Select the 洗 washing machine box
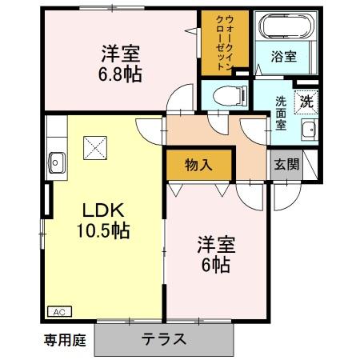coord(306,101)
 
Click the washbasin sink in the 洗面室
coord(306,133)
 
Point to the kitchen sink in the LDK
coord(56,159)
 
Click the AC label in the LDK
coord(59,311)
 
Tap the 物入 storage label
coord(198,166)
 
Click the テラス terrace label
coord(164,338)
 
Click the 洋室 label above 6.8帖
coord(121,54)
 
